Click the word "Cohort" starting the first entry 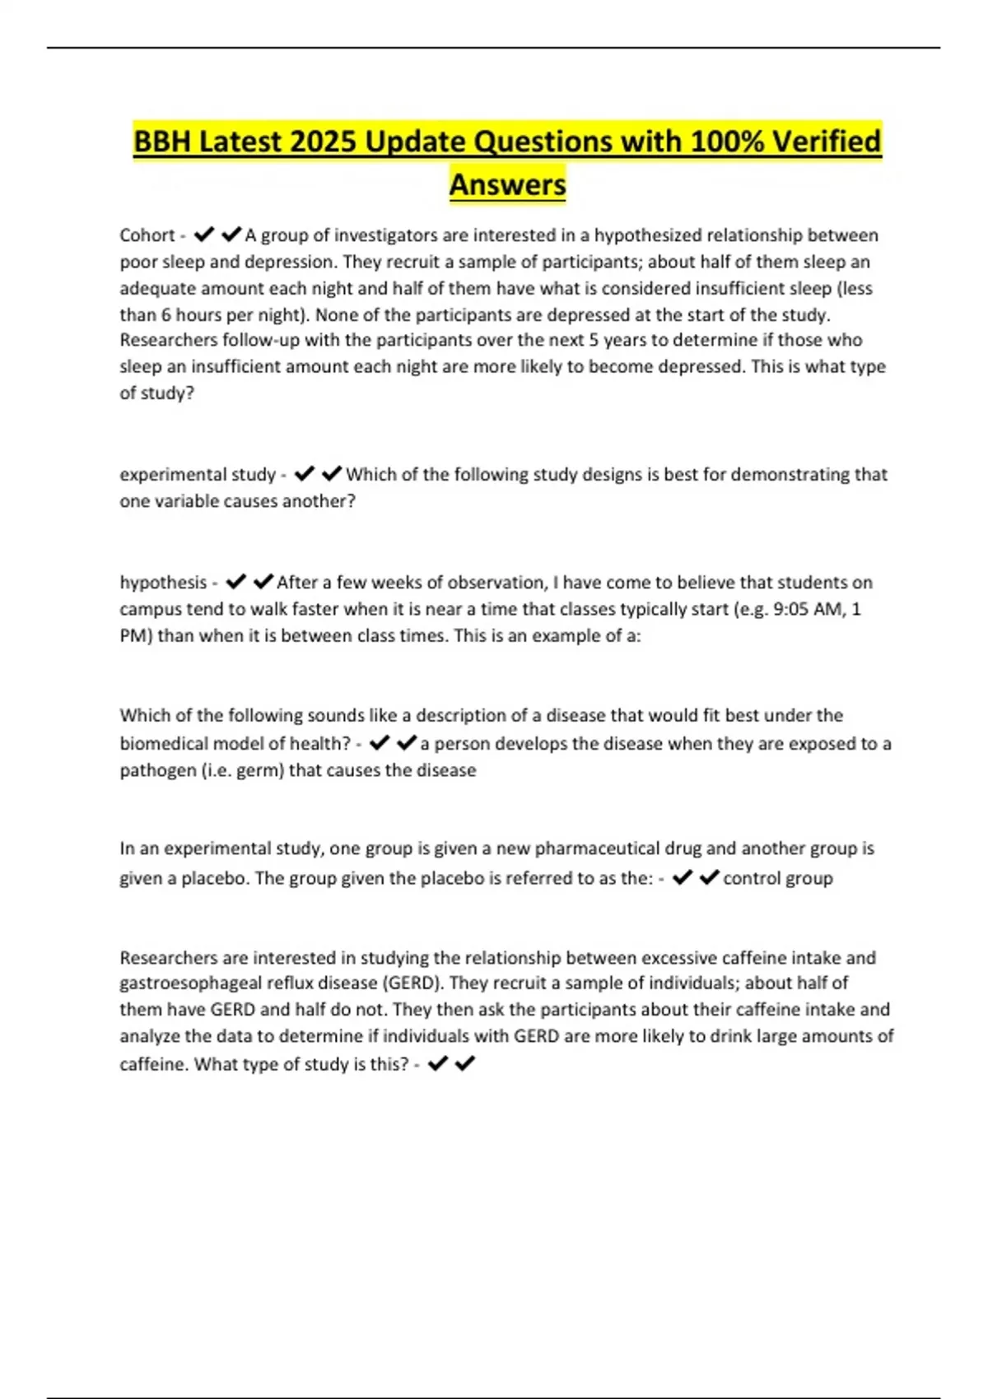click(147, 235)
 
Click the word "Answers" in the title click(507, 184)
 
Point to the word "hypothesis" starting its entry click(163, 583)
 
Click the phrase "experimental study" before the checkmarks click(198, 475)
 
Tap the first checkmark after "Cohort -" click(203, 235)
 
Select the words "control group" click(777, 878)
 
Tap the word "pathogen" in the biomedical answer click(157, 770)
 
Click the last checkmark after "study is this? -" click(465, 1064)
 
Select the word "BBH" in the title click(162, 142)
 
